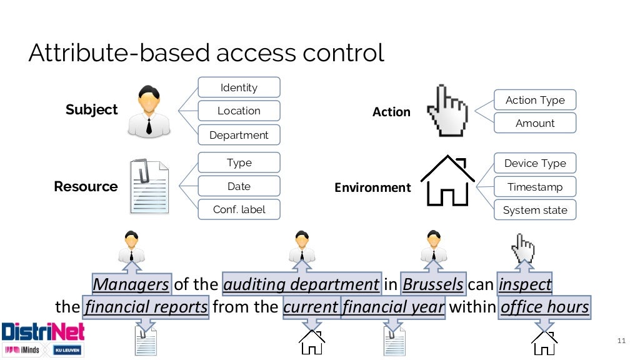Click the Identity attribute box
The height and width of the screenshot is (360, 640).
(x=239, y=87)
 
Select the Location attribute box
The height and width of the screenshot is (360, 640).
(x=239, y=111)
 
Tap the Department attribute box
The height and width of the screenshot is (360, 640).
(x=239, y=135)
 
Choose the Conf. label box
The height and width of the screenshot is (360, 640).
(x=239, y=209)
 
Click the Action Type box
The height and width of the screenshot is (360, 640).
(x=535, y=100)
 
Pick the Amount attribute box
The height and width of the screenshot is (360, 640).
(x=535, y=123)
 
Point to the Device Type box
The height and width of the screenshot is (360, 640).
(x=535, y=163)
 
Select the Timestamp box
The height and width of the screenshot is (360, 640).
(x=535, y=187)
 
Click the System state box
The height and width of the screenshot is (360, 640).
(x=535, y=210)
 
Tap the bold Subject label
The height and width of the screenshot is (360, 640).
(x=91, y=110)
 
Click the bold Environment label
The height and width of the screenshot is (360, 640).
(x=372, y=187)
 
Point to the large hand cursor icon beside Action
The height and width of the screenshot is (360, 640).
(x=446, y=111)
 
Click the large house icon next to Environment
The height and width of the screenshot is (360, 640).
(x=448, y=181)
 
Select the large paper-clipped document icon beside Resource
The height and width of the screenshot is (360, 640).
(x=149, y=187)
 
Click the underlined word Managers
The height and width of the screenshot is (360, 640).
(x=131, y=285)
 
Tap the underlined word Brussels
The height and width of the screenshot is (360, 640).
(x=433, y=285)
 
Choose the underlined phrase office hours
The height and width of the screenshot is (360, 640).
(x=544, y=307)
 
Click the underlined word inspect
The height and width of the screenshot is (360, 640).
(x=525, y=285)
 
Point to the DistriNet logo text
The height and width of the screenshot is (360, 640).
(x=42, y=331)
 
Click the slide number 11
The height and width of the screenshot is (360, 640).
(x=621, y=341)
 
